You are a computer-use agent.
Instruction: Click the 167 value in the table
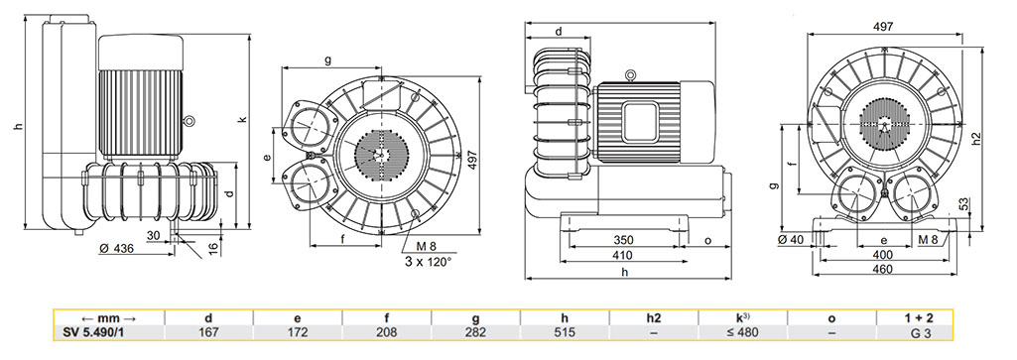tap(208, 333)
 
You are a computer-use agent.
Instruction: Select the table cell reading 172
tap(298, 333)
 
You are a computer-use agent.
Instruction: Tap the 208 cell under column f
tap(387, 333)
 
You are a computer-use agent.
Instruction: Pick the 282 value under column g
tap(476, 333)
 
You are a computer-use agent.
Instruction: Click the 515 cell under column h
tap(565, 333)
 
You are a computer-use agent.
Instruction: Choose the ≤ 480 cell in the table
tap(742, 333)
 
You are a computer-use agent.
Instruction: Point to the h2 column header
tap(654, 318)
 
